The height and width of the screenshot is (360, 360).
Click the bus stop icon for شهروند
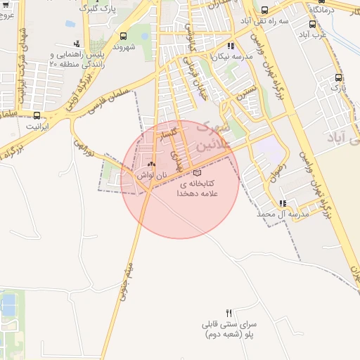pyautogui.click(x=124, y=36)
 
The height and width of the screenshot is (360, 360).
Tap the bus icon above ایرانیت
pyautogui.click(x=37, y=115)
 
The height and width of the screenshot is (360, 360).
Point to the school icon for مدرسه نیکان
pyautogui.click(x=231, y=46)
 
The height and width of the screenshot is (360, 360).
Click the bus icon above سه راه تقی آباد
pyautogui.click(x=264, y=11)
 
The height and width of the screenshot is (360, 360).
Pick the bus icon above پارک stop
pyautogui.click(x=338, y=78)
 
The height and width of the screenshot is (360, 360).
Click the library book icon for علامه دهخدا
pyautogui.click(x=197, y=172)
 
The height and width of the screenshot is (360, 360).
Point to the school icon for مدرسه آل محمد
pyautogui.click(x=283, y=202)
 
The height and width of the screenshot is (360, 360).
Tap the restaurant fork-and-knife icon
pyautogui.click(x=229, y=312)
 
